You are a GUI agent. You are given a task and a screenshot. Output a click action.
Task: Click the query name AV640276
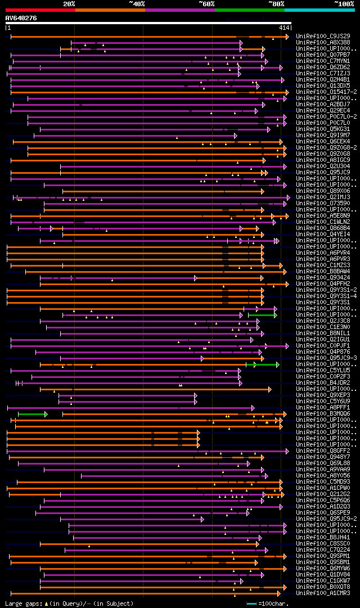point(21,18)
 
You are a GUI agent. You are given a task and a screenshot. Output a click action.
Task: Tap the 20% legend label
point(69,3)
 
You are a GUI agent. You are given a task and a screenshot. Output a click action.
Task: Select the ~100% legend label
point(344,3)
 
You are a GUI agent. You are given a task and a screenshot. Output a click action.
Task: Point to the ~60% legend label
point(206,3)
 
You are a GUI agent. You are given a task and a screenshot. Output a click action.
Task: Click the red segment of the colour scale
point(40,10)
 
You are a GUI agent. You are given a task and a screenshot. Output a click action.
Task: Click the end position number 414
point(283,28)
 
